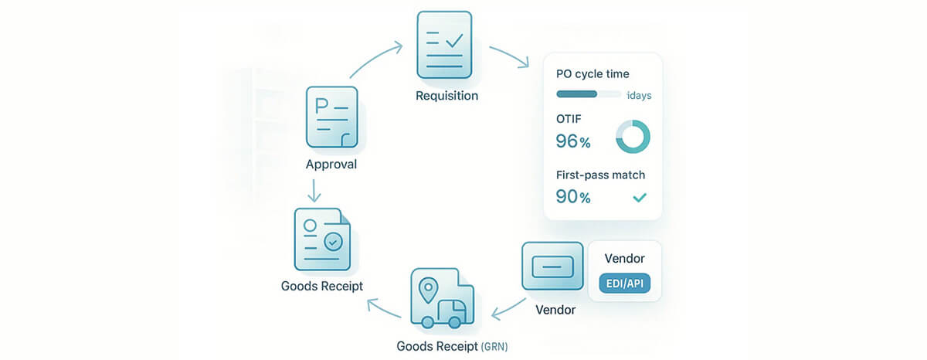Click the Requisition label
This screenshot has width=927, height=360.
[447, 96]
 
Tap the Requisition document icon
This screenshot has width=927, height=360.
[443, 44]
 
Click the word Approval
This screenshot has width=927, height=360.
[331, 165]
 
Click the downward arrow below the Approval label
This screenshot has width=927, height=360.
[314, 190]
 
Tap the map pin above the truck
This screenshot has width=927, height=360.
[427, 290]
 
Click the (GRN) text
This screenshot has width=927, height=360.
[494, 346]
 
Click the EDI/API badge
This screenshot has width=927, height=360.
[624, 284]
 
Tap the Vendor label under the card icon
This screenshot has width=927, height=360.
[555, 311]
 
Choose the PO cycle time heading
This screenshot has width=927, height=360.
[593, 74]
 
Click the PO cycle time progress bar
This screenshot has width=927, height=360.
[588, 94]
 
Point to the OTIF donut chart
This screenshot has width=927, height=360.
[633, 136]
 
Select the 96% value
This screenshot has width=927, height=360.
[573, 141]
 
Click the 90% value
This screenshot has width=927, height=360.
[573, 197]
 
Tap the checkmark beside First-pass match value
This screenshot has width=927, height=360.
[639, 198]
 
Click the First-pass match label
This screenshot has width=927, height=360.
[600, 175]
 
